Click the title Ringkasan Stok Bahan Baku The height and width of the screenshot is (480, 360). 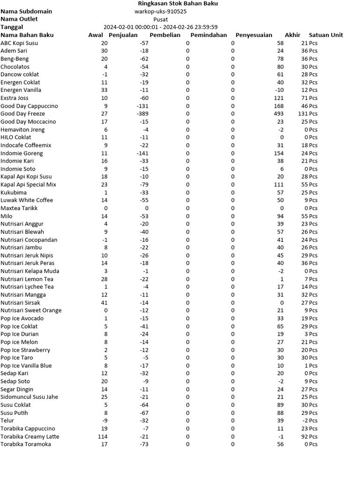click(x=178, y=3)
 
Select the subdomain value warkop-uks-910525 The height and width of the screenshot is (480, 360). click(x=160, y=11)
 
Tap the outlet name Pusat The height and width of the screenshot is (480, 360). click(x=161, y=19)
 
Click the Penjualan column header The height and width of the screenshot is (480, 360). click(x=123, y=35)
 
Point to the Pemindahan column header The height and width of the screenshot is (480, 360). click(x=209, y=35)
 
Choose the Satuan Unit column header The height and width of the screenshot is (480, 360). click(x=326, y=35)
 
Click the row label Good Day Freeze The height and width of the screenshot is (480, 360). click(x=23, y=114)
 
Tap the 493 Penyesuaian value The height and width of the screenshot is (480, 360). click(x=278, y=114)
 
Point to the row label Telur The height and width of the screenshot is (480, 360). click(x=7, y=420)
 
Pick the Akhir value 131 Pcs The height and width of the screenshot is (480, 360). click(x=308, y=114)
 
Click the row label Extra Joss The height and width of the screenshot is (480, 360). click(x=15, y=98)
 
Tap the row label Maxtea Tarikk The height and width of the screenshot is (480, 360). click(x=19, y=208)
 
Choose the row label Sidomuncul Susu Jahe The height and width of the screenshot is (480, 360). click(x=30, y=397)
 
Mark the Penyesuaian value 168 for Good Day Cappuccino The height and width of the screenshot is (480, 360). click(x=278, y=106)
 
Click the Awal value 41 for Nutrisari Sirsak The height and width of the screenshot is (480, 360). click(x=104, y=303)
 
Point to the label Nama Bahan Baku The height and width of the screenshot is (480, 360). click(x=27, y=35)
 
